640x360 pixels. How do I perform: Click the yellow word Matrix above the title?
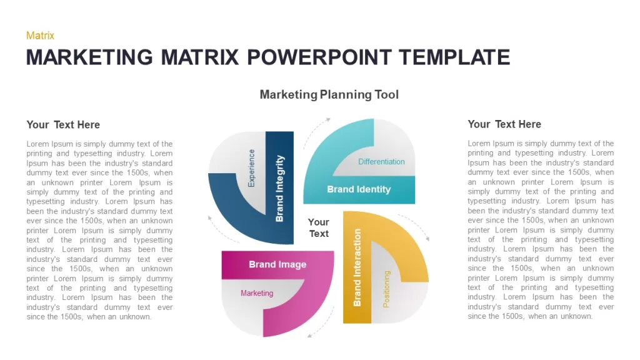pos(40,36)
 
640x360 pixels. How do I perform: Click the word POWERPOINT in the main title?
pos(319,57)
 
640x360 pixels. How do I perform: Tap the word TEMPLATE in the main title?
pos(454,57)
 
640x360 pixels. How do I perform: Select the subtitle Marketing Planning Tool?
pos(329,95)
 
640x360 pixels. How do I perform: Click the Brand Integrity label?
pos(279,188)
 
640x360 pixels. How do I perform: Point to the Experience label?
pos(251,168)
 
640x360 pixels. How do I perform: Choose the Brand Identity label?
pos(359,189)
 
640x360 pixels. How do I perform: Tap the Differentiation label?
pos(381,162)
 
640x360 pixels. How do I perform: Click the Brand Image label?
pos(277,264)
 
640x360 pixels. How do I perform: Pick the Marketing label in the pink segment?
pos(257,293)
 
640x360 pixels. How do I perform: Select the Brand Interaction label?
pos(357,267)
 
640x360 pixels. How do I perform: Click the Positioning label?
pos(386,289)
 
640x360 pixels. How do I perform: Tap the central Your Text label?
pos(318,227)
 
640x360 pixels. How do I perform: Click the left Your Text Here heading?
pos(63,125)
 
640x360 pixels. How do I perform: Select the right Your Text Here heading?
pos(504,124)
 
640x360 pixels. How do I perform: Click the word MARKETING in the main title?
pos(89,57)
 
